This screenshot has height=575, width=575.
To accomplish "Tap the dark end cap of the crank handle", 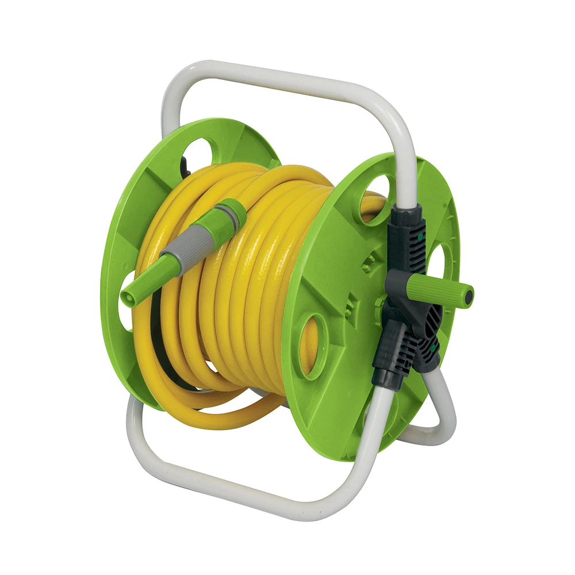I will point(469,296).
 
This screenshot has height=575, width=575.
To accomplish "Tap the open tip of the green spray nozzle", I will point(128,297).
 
